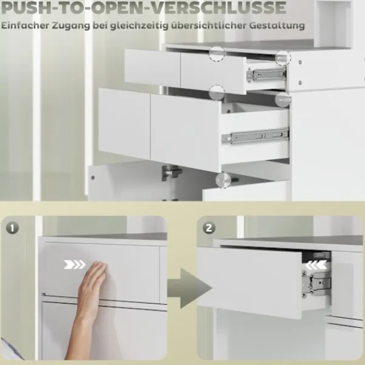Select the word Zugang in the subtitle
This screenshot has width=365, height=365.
[71, 26]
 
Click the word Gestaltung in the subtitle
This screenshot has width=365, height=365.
[277, 26]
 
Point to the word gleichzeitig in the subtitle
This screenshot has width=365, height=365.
[139, 26]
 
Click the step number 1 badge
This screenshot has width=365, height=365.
[12, 228]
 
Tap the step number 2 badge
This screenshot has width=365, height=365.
[209, 228]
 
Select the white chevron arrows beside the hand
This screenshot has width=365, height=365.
[74, 265]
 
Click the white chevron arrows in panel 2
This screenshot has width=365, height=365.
[316, 265]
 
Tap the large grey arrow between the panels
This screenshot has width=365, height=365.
[189, 288]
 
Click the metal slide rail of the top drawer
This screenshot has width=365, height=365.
[266, 75]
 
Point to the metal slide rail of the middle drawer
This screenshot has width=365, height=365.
[255, 136]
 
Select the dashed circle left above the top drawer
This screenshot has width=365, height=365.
[217, 54]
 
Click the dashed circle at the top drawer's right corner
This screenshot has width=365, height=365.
[283, 58]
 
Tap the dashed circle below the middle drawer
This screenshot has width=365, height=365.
[223, 180]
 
